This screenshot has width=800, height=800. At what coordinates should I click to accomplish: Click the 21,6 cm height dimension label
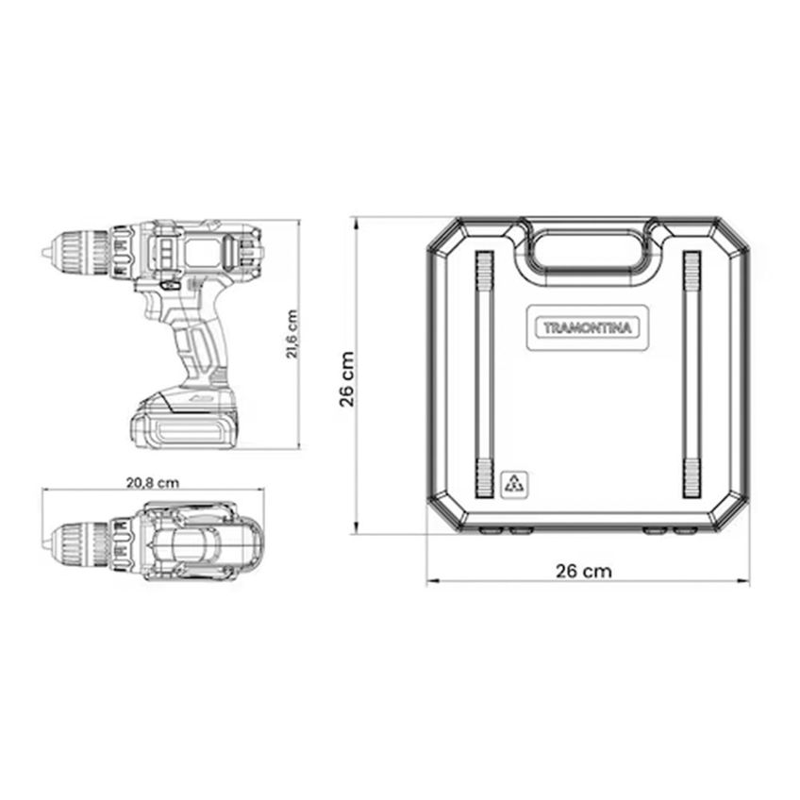(x=292, y=334)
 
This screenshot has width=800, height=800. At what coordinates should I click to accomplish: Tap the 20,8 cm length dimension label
(x=153, y=482)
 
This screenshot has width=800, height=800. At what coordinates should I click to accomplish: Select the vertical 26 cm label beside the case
(x=347, y=378)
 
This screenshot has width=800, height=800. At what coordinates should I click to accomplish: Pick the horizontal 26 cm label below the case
(x=584, y=571)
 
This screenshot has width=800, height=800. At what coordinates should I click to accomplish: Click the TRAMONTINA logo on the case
(x=588, y=327)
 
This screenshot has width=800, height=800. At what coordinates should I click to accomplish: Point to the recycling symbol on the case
(x=514, y=483)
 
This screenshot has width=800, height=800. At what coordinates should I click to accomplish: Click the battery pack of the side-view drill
(x=185, y=420)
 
